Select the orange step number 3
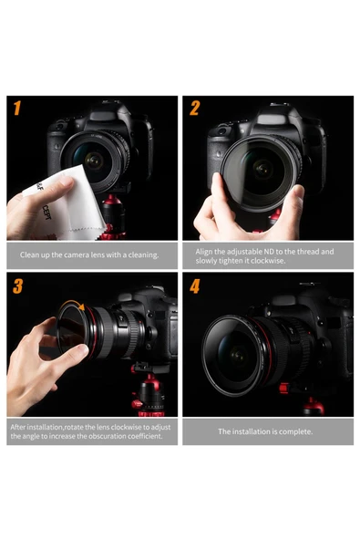tap(17, 286)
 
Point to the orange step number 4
tap(194, 286)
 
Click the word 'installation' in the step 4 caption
tap(252, 431)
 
